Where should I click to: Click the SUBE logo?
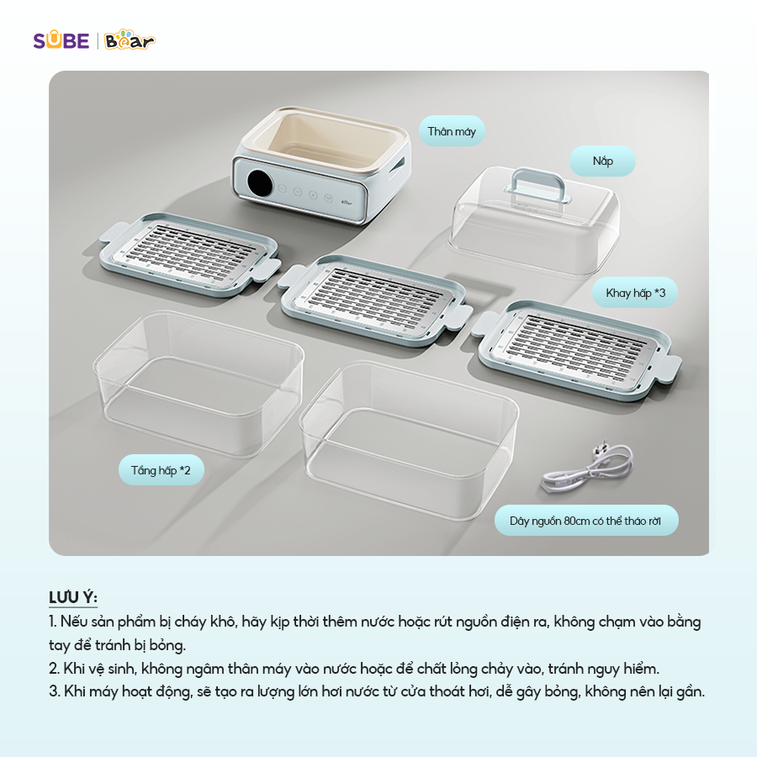point(61,40)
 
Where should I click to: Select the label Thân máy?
point(452,131)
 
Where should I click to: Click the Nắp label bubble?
point(602,161)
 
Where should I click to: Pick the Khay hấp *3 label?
point(635,293)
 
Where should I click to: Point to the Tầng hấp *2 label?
point(161,470)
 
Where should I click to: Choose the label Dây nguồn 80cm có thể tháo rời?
point(585,521)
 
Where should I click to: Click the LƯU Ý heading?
point(73,597)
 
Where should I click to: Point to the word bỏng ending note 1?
point(167,645)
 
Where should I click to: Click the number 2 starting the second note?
point(53,669)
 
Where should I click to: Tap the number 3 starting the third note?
point(53,692)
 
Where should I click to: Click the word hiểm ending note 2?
point(639,669)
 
